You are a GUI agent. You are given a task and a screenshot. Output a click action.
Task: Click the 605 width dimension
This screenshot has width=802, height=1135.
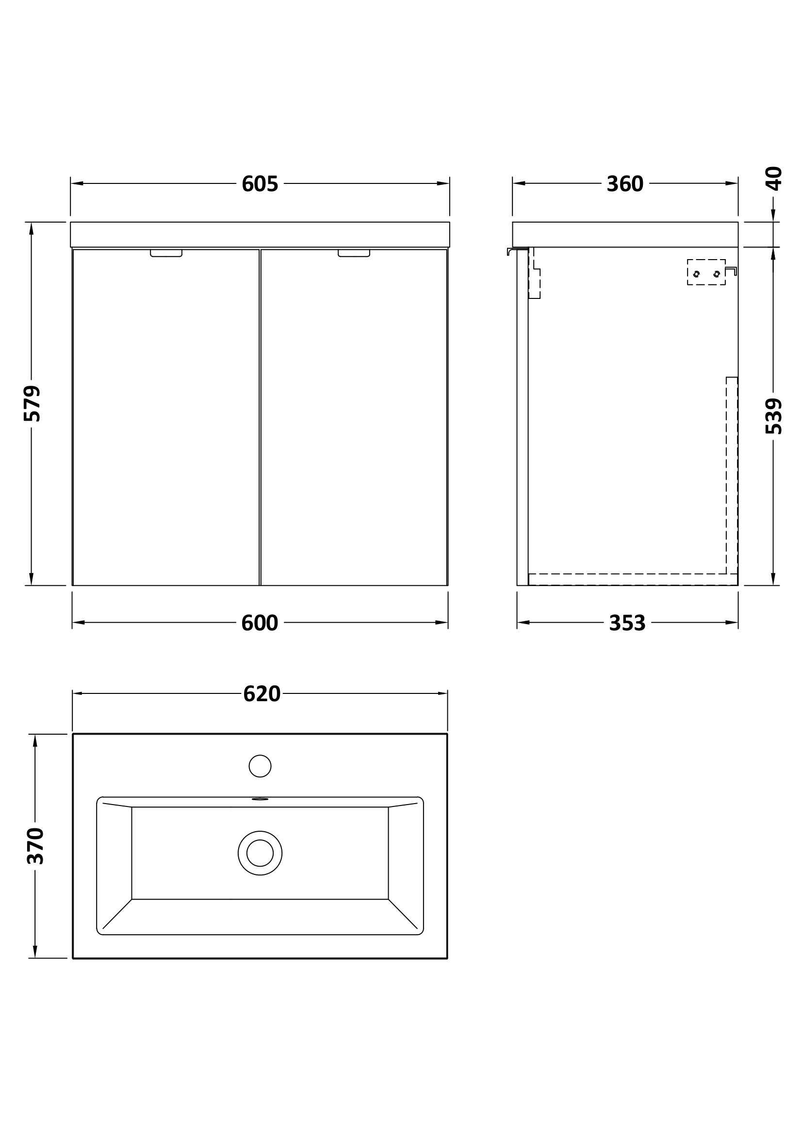(x=260, y=184)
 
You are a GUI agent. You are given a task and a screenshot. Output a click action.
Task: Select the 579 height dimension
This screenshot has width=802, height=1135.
(x=32, y=403)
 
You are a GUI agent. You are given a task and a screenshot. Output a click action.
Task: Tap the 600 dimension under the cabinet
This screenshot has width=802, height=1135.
(x=260, y=623)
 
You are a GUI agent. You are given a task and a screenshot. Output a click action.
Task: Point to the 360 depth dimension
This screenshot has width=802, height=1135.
(x=625, y=184)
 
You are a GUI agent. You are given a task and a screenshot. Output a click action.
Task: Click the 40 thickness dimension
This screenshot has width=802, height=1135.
(x=774, y=179)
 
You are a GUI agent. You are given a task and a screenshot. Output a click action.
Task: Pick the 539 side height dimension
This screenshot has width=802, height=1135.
(x=774, y=416)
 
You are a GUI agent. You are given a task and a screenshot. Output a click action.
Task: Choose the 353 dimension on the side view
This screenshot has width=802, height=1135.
(x=627, y=623)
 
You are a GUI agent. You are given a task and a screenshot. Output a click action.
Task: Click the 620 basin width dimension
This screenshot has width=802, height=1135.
(x=262, y=694)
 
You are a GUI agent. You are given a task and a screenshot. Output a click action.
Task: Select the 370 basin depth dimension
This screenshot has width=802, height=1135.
(x=35, y=846)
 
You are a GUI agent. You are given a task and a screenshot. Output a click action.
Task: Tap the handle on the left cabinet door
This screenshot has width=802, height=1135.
(x=166, y=253)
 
